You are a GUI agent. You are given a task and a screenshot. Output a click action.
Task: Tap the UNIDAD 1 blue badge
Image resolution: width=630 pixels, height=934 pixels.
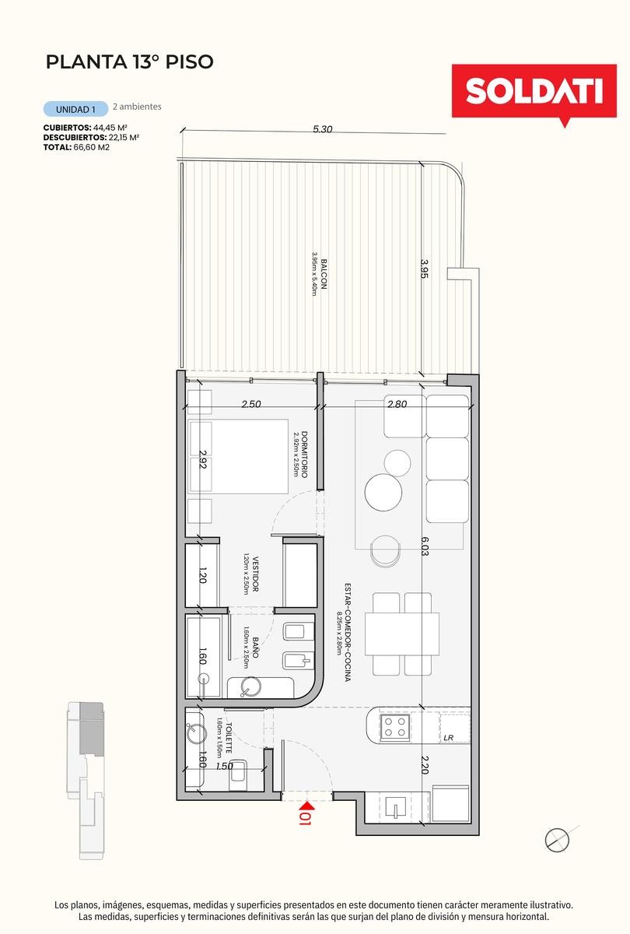point(76,109)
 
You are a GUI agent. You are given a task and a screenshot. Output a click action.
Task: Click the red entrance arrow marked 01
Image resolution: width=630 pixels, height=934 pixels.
point(306,811)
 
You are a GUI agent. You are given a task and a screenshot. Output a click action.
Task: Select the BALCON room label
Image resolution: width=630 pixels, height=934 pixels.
point(324,274)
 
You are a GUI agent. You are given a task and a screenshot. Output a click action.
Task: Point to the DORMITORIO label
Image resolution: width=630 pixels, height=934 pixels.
point(305,454)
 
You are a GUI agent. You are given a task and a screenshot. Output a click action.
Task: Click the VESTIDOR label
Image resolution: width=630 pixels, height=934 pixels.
point(255,574)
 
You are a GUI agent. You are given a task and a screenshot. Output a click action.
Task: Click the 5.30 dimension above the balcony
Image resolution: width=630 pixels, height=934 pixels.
point(323,129)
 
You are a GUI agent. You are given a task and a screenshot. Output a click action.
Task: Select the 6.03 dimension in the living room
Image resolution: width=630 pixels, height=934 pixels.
point(425,546)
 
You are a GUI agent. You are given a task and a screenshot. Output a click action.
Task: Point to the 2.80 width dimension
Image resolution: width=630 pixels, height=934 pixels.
point(397,404)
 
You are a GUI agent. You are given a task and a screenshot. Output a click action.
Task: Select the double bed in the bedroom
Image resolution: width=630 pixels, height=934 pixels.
point(238,457)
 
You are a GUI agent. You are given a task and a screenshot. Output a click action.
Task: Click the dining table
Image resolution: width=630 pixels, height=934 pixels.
point(401,634)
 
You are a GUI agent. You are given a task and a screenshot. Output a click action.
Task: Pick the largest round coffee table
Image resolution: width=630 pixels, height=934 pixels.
point(383,492)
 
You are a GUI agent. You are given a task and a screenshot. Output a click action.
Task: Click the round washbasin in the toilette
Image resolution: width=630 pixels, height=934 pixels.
point(196,734)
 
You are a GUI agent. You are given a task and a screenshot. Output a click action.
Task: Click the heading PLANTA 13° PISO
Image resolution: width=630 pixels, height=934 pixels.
point(130,61)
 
